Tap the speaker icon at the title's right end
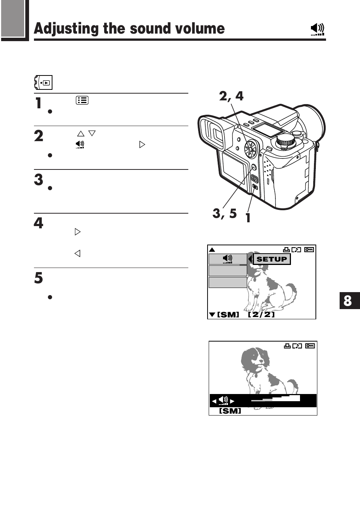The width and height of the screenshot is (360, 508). (x=317, y=29)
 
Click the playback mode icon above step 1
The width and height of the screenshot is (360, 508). (x=43, y=82)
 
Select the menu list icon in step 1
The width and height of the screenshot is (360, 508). (x=82, y=100)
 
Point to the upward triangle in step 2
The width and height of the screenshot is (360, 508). (x=80, y=134)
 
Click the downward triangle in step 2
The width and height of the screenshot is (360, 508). (x=92, y=133)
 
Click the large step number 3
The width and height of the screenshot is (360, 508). (x=38, y=180)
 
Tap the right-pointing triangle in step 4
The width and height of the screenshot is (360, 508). (x=78, y=232)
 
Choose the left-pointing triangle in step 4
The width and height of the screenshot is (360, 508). (x=77, y=253)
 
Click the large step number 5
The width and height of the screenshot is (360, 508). (x=38, y=278)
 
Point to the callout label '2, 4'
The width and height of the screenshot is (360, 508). (x=231, y=96)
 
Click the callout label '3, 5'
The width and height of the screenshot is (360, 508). (x=225, y=213)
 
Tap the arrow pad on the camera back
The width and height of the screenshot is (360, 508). (x=250, y=149)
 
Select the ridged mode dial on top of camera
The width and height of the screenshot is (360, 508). (x=285, y=142)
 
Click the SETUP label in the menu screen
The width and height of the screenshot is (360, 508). (x=272, y=259)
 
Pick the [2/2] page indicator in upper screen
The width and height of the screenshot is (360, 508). (x=261, y=314)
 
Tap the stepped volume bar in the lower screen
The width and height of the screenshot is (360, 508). (x=275, y=399)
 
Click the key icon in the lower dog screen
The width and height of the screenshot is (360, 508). (x=310, y=346)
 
